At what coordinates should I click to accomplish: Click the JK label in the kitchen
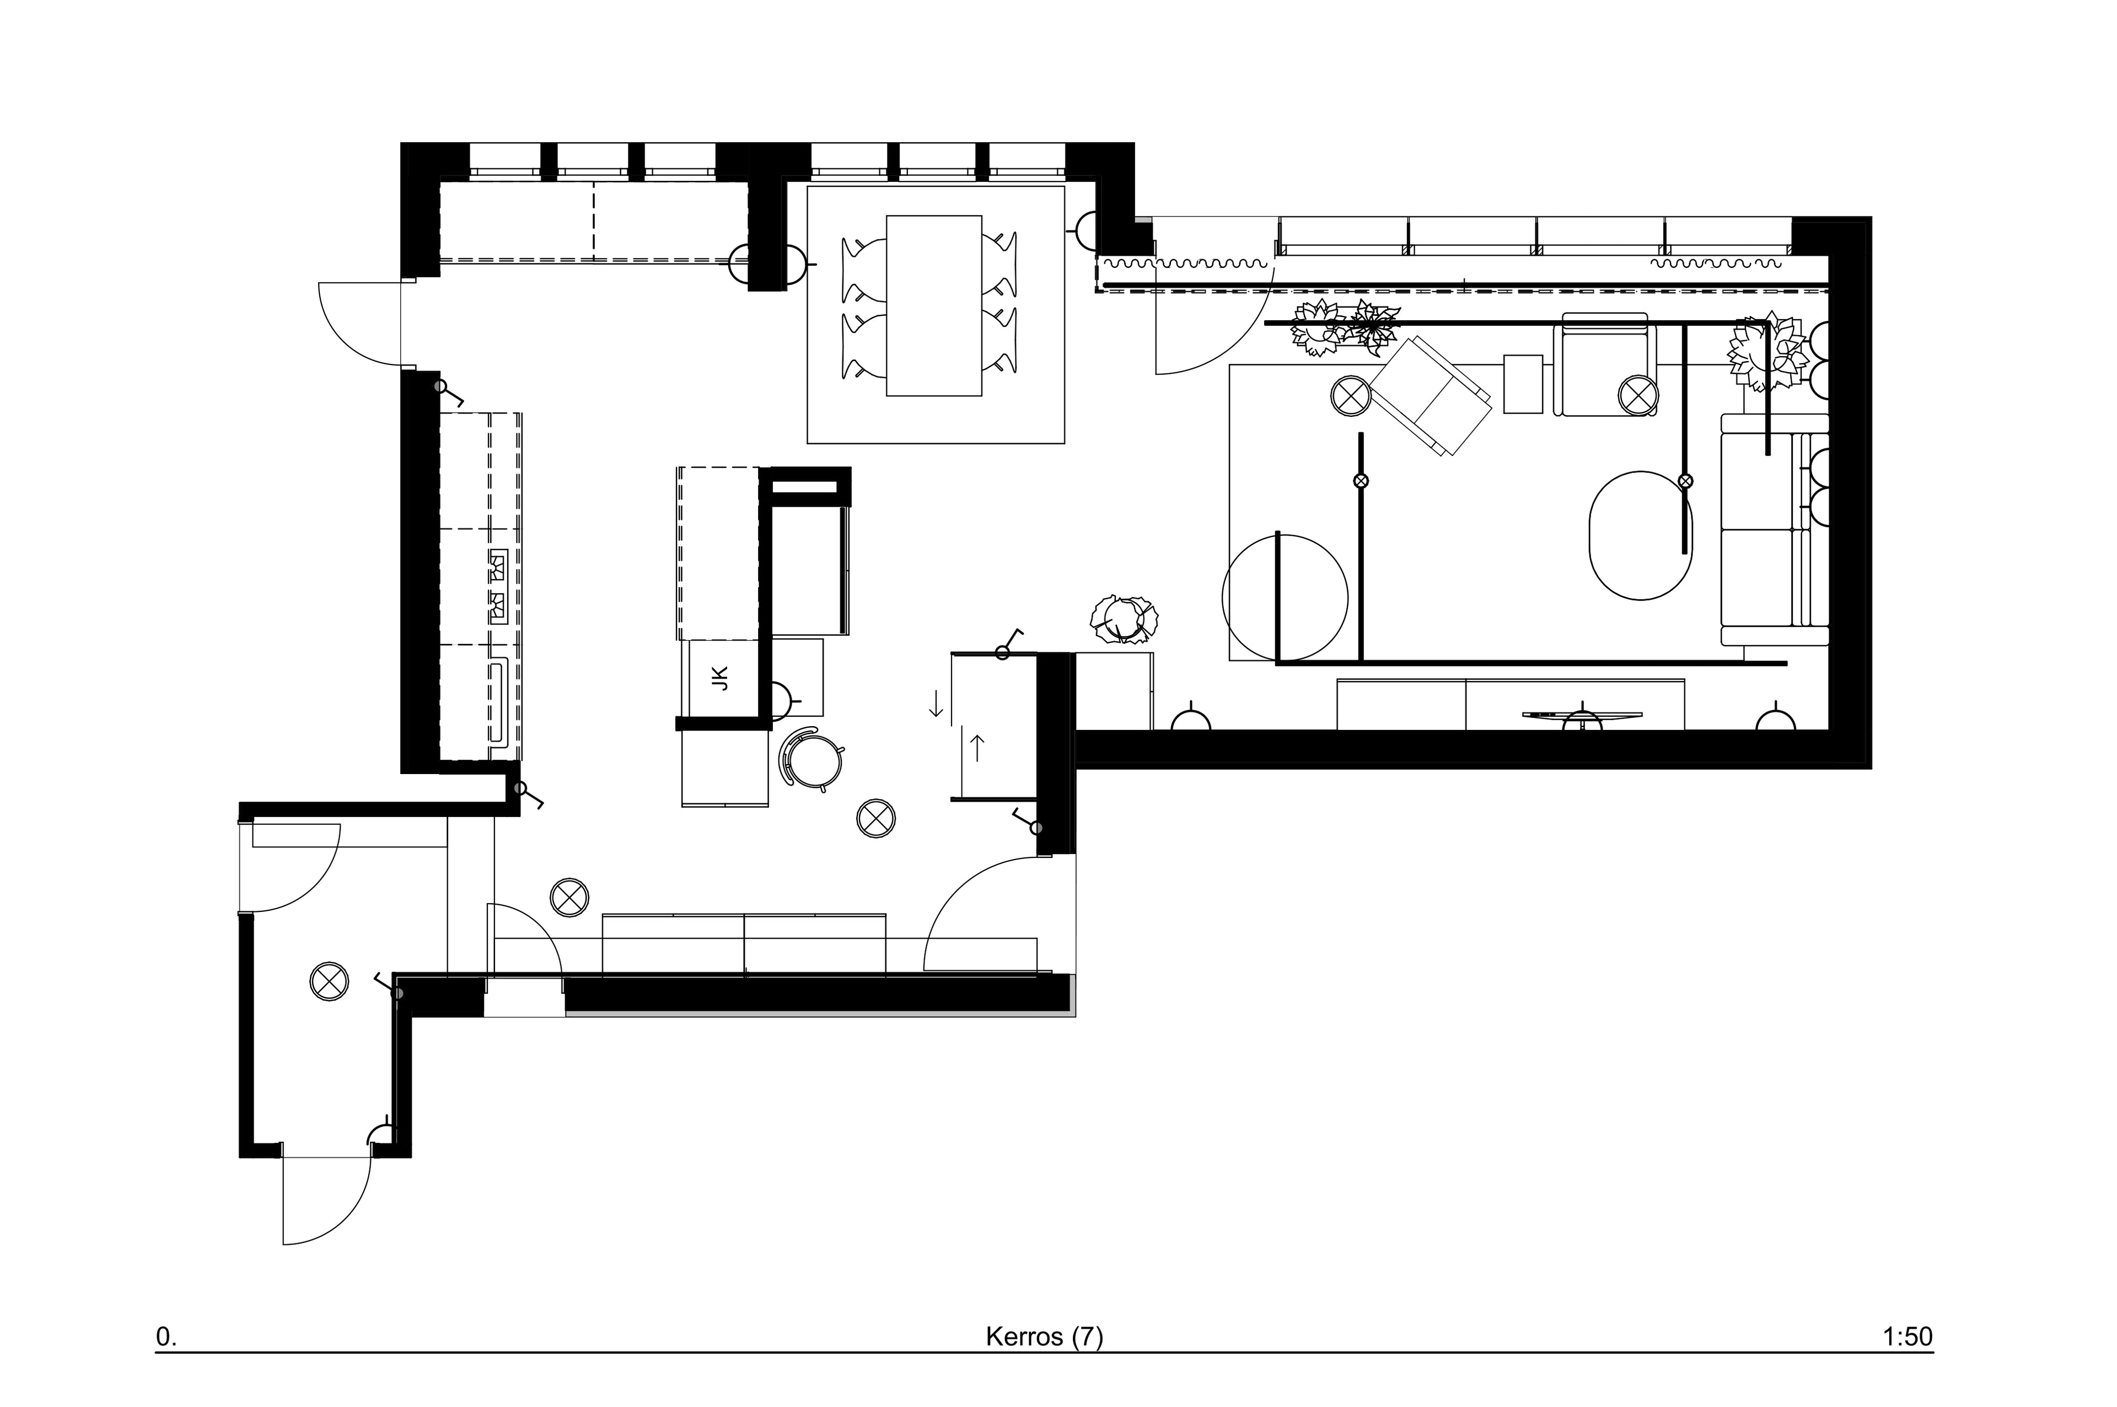[721, 678]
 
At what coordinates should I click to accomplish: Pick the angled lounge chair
[1431, 396]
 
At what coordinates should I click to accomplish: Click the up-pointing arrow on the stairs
[978, 748]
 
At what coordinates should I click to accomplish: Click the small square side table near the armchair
[1523, 384]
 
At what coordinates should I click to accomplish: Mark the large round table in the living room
[1285, 598]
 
